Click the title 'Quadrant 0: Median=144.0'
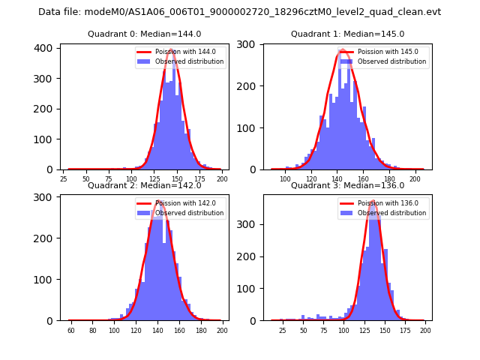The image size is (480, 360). click(144, 34)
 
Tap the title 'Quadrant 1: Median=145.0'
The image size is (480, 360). click(347, 34)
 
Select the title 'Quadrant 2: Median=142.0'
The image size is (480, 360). click(144, 186)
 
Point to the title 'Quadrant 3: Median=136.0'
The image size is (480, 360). click(347, 186)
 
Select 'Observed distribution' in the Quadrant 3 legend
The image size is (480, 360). click(391, 213)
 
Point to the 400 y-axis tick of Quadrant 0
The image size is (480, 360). click(45, 48)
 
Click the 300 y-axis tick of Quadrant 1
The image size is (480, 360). click(248, 44)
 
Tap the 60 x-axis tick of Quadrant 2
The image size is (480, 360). click(71, 331)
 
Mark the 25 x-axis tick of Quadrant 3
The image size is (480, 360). click(283, 331)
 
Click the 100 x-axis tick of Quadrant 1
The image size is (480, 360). click(285, 179)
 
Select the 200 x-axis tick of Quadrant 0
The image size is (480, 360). click(221, 179)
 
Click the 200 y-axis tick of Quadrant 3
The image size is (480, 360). click(248, 256)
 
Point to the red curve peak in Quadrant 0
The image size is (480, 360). click(171, 50)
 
